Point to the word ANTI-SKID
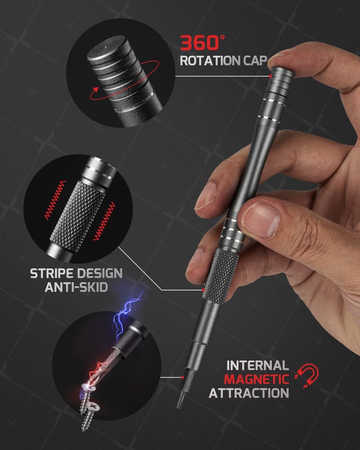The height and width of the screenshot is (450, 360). [76, 287]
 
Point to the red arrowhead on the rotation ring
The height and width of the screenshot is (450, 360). [96, 90]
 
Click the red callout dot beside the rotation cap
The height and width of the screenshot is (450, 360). [270, 76]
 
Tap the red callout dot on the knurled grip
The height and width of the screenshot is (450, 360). [203, 290]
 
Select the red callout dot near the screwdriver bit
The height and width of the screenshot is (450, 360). [182, 377]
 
